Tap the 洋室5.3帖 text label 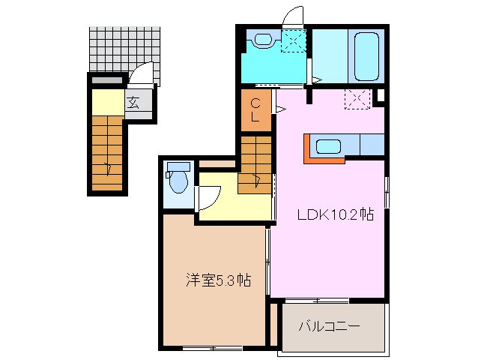[218, 281]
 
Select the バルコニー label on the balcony [329, 326]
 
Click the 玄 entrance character [133, 103]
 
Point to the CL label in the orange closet [255, 110]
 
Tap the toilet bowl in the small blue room [178, 181]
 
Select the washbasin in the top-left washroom [263, 40]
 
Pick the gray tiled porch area [124, 48]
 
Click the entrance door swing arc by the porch [142, 74]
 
